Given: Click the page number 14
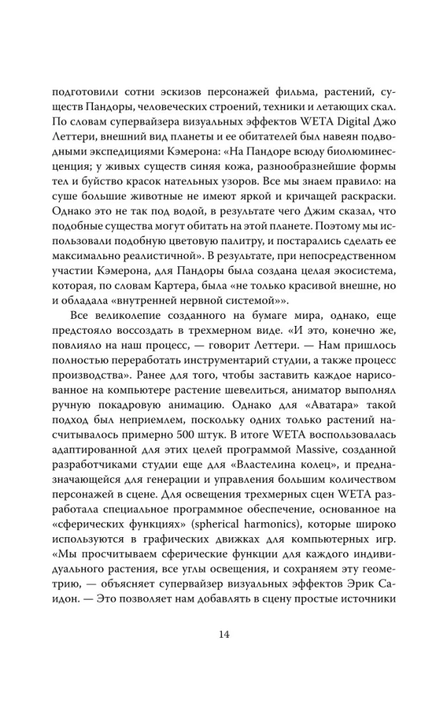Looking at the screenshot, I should pos(218,634).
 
